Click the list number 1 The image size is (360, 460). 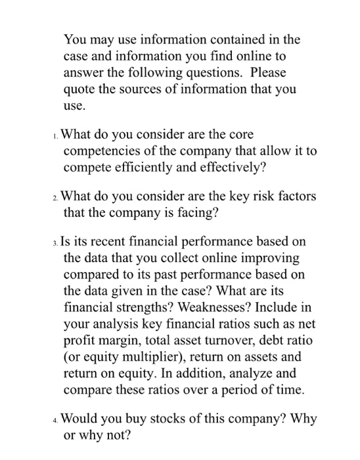tap(56, 135)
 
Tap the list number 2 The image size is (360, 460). tap(56, 197)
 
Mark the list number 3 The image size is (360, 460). tap(56, 242)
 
